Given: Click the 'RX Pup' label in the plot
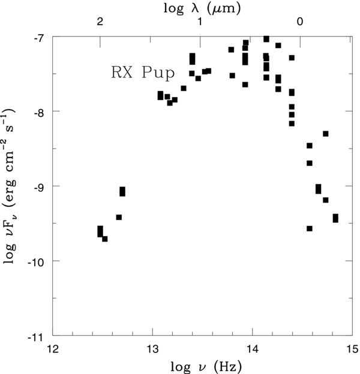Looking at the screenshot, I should [x=142, y=74].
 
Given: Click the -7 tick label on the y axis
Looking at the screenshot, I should [x=39, y=37].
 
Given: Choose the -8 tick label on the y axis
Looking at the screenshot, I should [x=39, y=111].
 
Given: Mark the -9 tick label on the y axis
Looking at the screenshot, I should [x=39, y=186].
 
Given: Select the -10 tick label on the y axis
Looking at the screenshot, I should [x=36, y=261].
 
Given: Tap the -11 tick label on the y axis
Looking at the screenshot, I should [x=36, y=336].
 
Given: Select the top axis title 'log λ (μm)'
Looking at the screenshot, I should [x=202, y=8].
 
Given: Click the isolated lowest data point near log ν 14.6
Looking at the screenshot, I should [x=310, y=228].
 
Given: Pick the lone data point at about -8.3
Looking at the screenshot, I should [x=326, y=134].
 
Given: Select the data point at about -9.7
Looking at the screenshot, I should [x=105, y=239].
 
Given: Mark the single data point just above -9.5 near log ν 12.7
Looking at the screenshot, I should [x=119, y=217].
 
